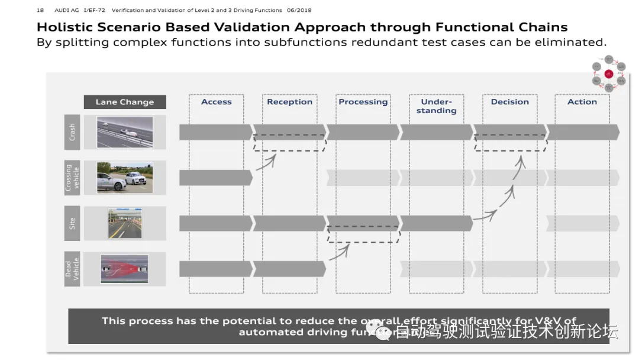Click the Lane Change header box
coord(125,102)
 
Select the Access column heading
coord(216,102)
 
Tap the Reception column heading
coord(289,102)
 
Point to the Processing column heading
coord(363,102)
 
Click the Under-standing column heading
coord(436,106)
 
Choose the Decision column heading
coord(509,102)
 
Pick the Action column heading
coord(582,102)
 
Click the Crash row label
coord(72,131)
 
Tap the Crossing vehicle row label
coord(72,178)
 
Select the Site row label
coord(72,223)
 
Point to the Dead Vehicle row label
coord(72,269)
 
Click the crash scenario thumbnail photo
coord(125,131)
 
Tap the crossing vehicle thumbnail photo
coord(125,178)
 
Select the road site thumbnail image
coord(125,223)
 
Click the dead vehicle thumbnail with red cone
coord(125,269)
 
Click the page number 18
coord(40,10)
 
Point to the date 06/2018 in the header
coord(299,10)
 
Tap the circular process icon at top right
coord(609,74)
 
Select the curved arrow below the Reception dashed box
coord(269,160)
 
